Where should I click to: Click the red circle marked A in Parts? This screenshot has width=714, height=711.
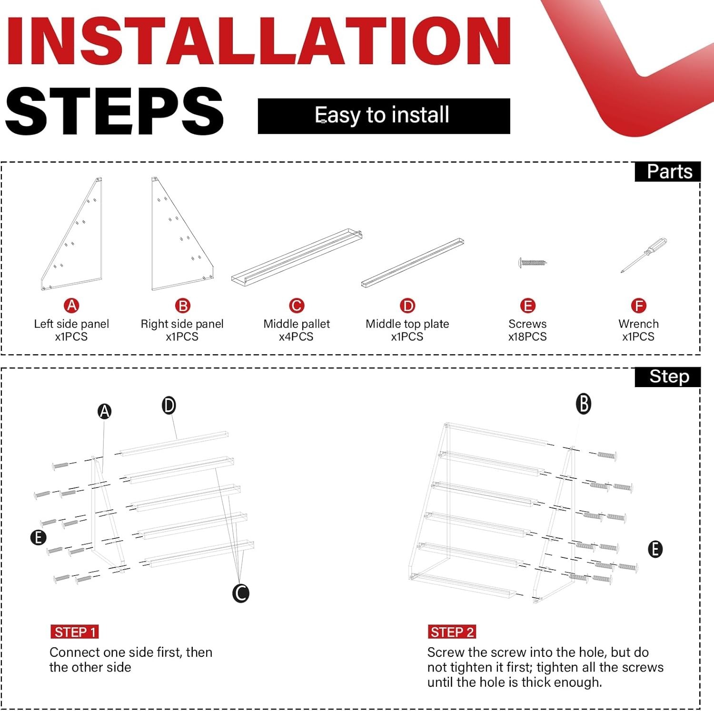click(x=71, y=305)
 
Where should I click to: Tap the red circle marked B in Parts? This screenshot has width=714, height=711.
click(x=182, y=305)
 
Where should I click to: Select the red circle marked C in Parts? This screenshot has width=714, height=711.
click(x=297, y=305)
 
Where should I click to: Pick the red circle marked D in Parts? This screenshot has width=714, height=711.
click(x=407, y=305)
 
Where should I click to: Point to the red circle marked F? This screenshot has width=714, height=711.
click(x=638, y=305)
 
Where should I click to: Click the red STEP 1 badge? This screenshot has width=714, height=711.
click(x=75, y=632)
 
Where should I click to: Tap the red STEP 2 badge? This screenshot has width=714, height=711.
click(x=452, y=632)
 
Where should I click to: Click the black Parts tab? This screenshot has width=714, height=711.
click(x=668, y=172)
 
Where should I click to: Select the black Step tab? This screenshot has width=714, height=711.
click(x=668, y=377)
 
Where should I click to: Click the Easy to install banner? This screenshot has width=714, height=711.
click(x=384, y=116)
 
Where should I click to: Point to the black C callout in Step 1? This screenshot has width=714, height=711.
click(x=241, y=593)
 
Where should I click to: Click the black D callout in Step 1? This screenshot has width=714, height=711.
click(x=169, y=406)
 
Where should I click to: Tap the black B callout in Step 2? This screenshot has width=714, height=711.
click(x=584, y=404)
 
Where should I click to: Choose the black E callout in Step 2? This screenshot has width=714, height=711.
click(x=655, y=549)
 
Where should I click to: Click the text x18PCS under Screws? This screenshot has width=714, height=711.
click(x=527, y=337)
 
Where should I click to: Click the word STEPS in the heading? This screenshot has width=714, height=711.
click(x=114, y=111)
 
